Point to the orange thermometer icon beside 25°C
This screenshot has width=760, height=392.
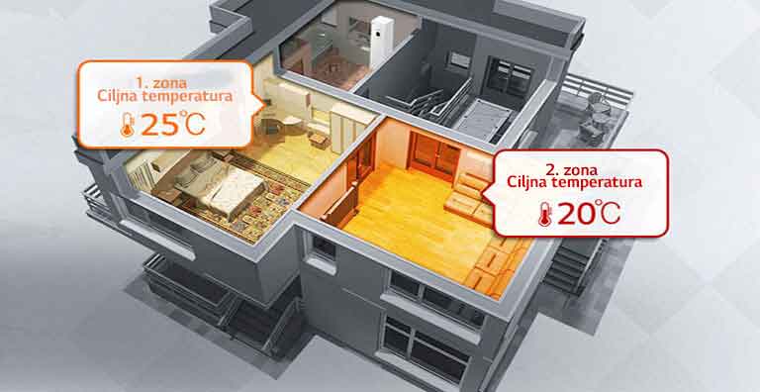click(127, 126)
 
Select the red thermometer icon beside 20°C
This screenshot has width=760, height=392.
click(543, 214)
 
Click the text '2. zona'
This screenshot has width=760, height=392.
click(574, 167)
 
